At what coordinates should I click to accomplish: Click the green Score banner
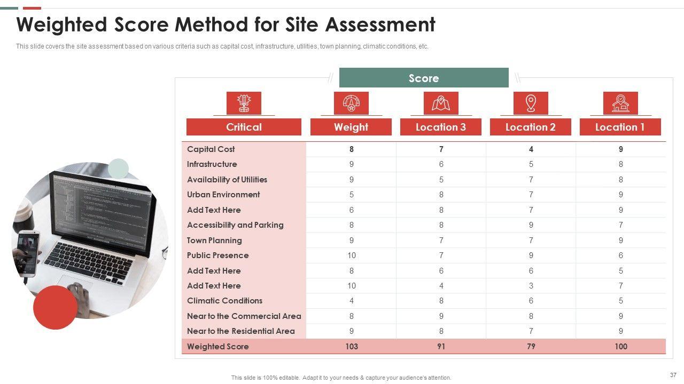tap(424, 78)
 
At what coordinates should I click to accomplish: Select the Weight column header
tap(351, 127)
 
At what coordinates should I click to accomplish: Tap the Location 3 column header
tap(440, 127)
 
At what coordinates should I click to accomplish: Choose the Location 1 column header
tap(620, 127)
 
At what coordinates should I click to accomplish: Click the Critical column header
tap(244, 127)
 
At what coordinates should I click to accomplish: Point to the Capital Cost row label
tap(211, 149)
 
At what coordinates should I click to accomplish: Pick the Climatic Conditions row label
tap(224, 301)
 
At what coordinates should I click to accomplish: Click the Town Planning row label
tap(214, 241)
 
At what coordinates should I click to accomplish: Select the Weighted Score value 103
tap(351, 347)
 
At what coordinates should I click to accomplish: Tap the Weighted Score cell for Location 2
tap(531, 347)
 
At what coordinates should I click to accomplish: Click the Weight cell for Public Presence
tap(351, 255)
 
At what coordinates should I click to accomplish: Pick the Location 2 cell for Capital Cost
tap(531, 149)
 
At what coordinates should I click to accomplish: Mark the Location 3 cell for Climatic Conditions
tap(441, 301)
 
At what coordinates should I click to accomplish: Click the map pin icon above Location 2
tap(531, 103)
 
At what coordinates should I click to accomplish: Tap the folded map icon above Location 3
tap(441, 103)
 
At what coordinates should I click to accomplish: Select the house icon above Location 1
tap(620, 103)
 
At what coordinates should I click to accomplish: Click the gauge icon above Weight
tap(351, 103)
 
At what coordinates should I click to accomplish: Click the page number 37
tap(673, 375)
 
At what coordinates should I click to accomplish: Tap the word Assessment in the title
tap(380, 25)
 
